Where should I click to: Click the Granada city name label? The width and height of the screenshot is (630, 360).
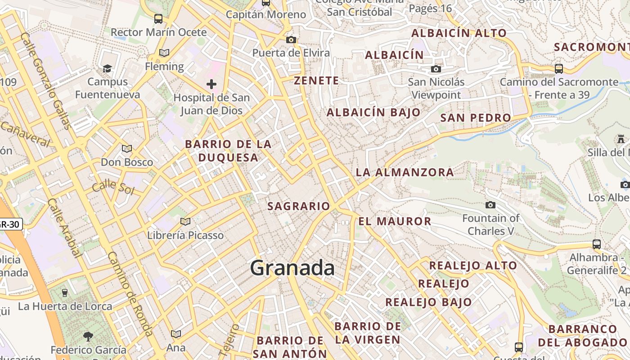pyautogui.click(x=292, y=268)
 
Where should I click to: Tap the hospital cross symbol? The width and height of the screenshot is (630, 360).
pyautogui.click(x=211, y=84)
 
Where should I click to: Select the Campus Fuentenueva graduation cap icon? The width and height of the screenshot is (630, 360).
pyautogui.click(x=107, y=68)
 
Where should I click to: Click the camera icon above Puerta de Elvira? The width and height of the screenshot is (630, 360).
pyautogui.click(x=291, y=40)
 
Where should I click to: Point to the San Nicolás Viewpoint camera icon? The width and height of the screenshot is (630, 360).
pyautogui.click(x=436, y=69)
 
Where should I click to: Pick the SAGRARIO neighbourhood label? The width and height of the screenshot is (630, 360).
pyautogui.click(x=299, y=206)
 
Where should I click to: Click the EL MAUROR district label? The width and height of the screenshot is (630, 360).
pyautogui.click(x=395, y=221)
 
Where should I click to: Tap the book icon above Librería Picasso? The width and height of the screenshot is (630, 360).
pyautogui.click(x=185, y=221)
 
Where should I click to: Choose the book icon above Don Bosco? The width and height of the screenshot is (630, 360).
pyautogui.click(x=127, y=148)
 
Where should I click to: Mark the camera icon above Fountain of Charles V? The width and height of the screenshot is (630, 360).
pyautogui.click(x=490, y=205)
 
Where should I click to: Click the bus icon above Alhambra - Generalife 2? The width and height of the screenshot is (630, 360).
pyautogui.click(x=596, y=244)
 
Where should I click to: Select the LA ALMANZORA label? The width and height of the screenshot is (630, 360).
pyautogui.click(x=405, y=172)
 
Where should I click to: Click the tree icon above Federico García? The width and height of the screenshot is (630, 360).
pyautogui.click(x=88, y=336)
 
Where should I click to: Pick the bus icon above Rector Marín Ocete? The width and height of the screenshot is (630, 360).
pyautogui.click(x=158, y=18)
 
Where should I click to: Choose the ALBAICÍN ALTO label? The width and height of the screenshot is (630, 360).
pyautogui.click(x=459, y=33)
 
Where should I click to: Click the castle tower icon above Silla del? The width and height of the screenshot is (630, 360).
pyautogui.click(x=621, y=139)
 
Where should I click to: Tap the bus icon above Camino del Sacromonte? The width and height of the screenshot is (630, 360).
pyautogui.click(x=559, y=68)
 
